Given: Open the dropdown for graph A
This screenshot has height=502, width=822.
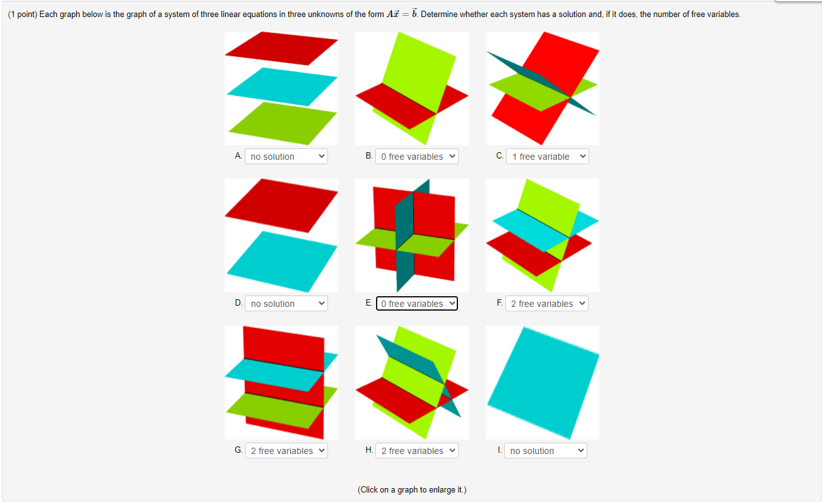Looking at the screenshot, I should pos(286,157).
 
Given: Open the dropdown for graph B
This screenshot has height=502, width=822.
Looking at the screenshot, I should pos(417,157).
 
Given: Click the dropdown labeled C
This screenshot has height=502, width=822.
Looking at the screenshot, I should pos(547,157).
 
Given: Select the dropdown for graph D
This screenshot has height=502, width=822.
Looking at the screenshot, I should pos(286,304).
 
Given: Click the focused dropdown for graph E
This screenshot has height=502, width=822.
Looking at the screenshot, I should pos(417,304).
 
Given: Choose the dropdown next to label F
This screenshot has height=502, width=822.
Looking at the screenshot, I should pos(546,304).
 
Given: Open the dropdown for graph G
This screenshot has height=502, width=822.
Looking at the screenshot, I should pos(286,451).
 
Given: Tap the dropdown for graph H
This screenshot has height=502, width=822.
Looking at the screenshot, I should pos(417,451).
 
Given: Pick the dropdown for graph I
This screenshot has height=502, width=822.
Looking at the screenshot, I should pos(545,451).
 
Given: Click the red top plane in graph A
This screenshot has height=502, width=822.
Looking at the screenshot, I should pos(281,48).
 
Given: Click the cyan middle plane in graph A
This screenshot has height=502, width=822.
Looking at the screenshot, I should pos(281,87).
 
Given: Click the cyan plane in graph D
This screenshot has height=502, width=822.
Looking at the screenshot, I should pos(281,261).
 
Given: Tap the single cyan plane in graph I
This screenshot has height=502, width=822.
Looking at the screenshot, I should pos(543,381).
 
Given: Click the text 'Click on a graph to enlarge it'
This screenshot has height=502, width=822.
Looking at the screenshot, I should pos(412,490).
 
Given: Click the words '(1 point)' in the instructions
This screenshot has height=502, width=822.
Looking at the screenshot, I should pos(22,15).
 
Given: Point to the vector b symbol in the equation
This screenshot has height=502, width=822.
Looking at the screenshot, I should pos(414,13).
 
